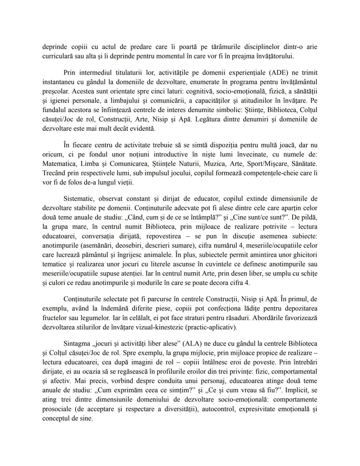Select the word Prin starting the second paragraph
click(69, 72)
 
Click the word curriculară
click(57, 56)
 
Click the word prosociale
click(57, 409)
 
